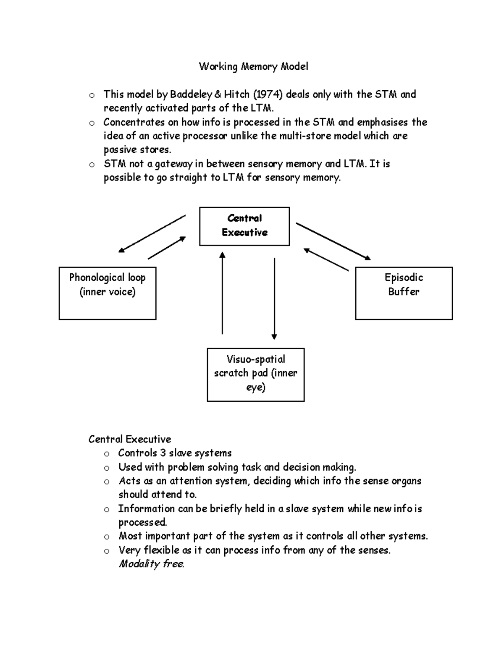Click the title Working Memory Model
(253, 66)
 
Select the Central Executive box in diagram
(244, 226)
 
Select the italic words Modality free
(152, 564)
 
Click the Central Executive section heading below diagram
(129, 439)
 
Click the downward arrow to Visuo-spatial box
(274, 298)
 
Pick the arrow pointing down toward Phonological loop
(152, 233)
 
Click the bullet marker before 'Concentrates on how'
(92, 123)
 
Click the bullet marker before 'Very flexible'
(107, 551)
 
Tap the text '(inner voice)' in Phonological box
(108, 292)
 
